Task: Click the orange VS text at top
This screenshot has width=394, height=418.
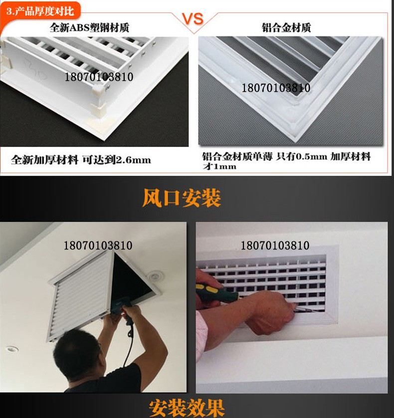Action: click(192, 19)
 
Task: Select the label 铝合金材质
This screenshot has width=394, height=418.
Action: click(286, 27)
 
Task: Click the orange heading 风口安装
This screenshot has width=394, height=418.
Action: click(182, 198)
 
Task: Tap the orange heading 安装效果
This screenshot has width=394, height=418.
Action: click(187, 407)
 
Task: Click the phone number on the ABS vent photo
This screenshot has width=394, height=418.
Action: click(98, 77)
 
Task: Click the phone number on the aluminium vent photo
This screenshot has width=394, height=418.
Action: click(276, 88)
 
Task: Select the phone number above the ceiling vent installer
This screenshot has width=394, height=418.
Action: click(98, 246)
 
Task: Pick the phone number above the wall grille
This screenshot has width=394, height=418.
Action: click(275, 246)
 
